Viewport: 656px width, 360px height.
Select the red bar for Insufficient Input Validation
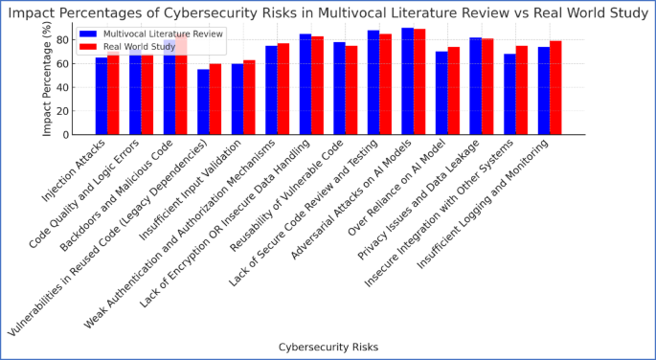(x=249, y=98)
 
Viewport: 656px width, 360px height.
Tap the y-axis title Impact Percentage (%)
(x=46, y=79)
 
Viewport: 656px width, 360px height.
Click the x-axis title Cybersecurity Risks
(x=328, y=347)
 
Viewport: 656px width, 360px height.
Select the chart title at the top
(x=328, y=12)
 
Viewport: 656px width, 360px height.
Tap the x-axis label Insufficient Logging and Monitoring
(x=503, y=206)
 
